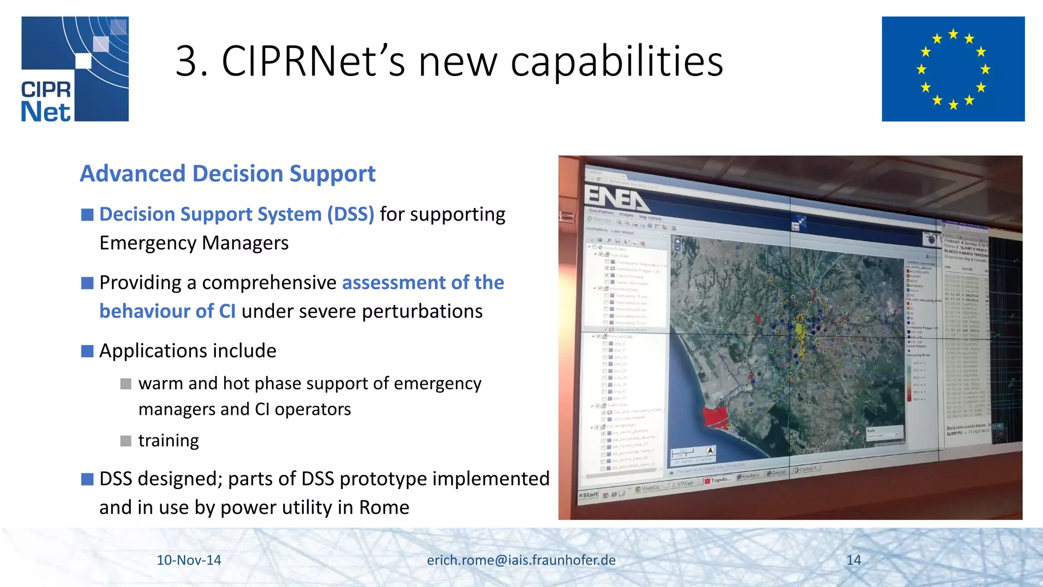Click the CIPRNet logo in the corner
click(x=75, y=69)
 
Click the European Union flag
click(x=953, y=69)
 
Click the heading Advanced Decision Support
click(x=228, y=174)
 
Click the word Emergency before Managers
click(x=147, y=243)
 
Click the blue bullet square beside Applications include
click(x=87, y=351)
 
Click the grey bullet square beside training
click(x=126, y=441)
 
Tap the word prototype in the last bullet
click(x=383, y=479)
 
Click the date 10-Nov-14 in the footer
click(x=188, y=560)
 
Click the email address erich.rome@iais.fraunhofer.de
click(x=521, y=560)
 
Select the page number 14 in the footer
click(x=854, y=560)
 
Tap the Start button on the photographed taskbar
click(x=590, y=495)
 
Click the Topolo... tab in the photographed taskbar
click(x=719, y=480)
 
